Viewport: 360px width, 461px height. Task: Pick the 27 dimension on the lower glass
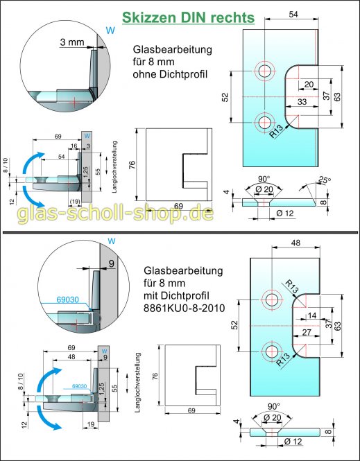coord(305,332)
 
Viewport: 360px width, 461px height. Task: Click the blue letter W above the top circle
coord(108,30)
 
